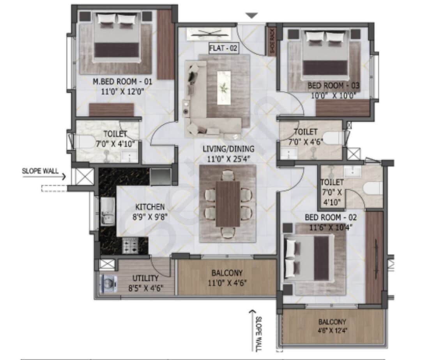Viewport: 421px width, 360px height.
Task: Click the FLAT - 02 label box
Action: coord(223,49)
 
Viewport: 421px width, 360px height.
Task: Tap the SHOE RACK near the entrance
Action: coord(271,41)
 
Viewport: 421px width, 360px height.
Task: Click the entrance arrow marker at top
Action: coord(252,16)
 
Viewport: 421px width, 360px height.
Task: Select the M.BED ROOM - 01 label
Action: coord(122,82)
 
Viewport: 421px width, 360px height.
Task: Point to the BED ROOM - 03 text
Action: coord(333,85)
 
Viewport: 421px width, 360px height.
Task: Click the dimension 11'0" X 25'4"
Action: coord(228,158)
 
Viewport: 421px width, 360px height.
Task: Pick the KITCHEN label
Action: coord(150,207)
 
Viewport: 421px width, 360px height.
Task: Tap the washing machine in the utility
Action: coord(106,284)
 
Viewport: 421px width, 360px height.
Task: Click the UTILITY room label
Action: coord(145,278)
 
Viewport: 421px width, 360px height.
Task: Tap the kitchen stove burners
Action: coord(130,245)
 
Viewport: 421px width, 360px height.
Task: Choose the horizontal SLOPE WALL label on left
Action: coord(40,171)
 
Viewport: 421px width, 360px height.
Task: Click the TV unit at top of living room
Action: coord(211,34)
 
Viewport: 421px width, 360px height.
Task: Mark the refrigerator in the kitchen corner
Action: coord(160,176)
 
